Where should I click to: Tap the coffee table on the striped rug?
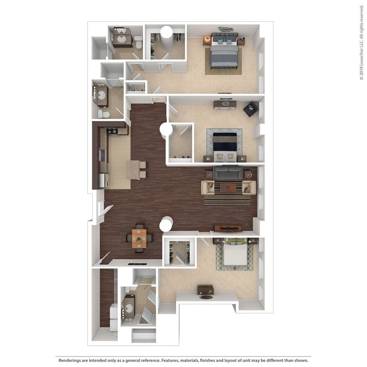coord(228,187)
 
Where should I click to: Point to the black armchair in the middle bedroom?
coord(251,110)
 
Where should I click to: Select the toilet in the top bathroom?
coord(138,42)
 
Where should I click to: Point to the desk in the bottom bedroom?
coord(205,289)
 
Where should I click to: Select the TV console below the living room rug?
coord(228,228)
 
